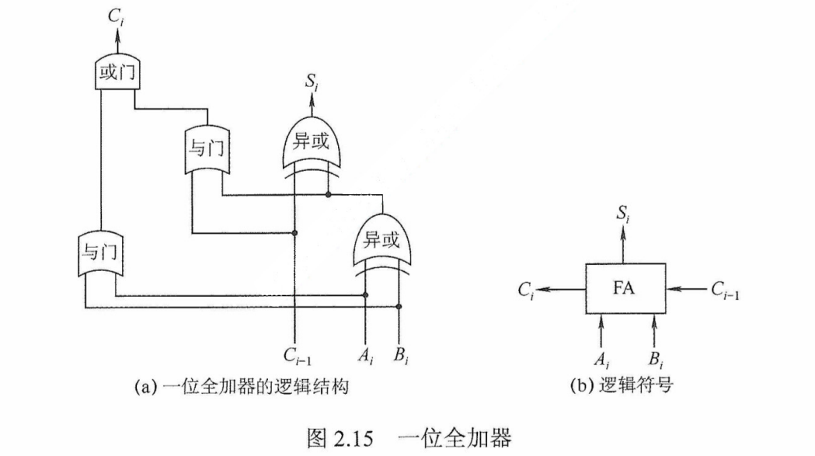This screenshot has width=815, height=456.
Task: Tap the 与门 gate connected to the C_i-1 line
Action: tap(205, 148)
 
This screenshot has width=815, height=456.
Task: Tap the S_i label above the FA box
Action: tap(624, 214)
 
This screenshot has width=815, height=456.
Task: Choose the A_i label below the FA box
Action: tap(602, 359)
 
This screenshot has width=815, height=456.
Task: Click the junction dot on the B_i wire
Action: tap(399, 308)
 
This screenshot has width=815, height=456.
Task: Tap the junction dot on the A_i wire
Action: tap(366, 295)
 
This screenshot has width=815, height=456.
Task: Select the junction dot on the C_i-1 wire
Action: tap(295, 232)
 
